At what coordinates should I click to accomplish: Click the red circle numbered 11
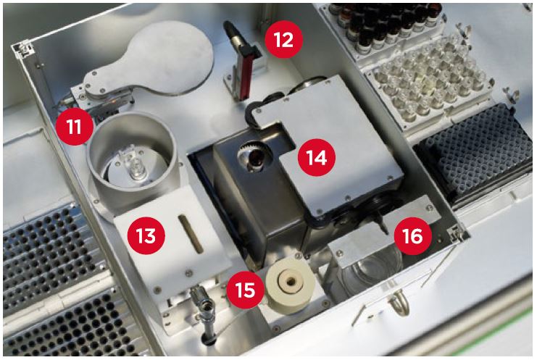(x=75, y=126)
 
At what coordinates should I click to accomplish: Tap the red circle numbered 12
(x=284, y=39)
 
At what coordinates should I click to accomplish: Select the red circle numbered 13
(x=146, y=236)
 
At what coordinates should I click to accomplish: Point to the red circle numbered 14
(x=317, y=157)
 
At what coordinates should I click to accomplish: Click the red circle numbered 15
(x=245, y=290)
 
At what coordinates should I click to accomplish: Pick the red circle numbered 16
(x=412, y=236)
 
